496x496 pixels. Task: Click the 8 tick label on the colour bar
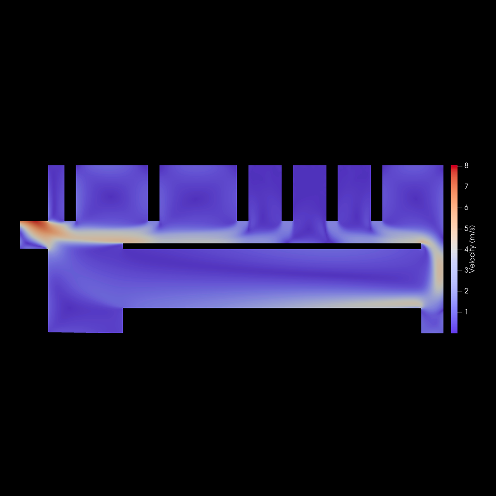466,166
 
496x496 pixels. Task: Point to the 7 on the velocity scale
466,186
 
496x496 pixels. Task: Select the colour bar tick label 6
466,207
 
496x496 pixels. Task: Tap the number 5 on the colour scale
466,228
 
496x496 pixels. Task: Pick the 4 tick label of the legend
466,249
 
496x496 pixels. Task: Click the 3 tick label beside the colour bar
466,270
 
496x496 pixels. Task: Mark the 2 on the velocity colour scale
466,291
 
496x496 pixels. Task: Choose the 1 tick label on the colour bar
466,312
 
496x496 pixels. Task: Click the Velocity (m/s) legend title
472,249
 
